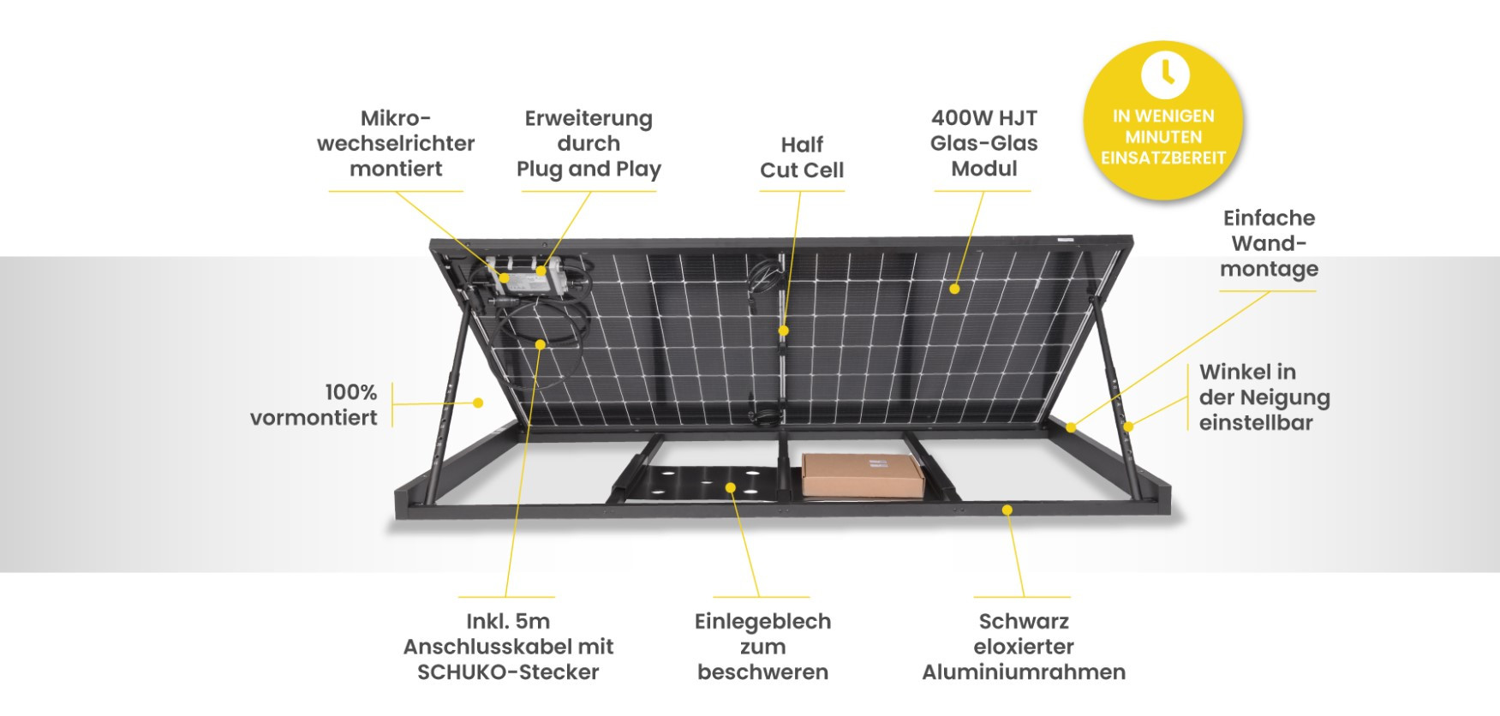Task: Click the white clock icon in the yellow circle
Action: pyautogui.click(x=1164, y=74)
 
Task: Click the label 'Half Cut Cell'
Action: pyautogui.click(x=802, y=158)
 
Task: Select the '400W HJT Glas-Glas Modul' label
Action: pyautogui.click(x=984, y=143)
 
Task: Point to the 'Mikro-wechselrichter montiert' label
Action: pyautogui.click(x=396, y=143)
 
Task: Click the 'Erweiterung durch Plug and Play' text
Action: pyautogui.click(x=589, y=144)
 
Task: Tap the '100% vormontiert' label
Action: pyautogui.click(x=314, y=405)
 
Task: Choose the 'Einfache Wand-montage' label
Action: pyautogui.click(x=1269, y=243)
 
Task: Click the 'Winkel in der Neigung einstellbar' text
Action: pyautogui.click(x=1264, y=397)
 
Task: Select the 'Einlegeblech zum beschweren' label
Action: pyautogui.click(x=762, y=647)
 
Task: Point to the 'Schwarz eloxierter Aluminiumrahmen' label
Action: pyautogui.click(x=1024, y=647)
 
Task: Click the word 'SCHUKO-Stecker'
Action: pyautogui.click(x=508, y=672)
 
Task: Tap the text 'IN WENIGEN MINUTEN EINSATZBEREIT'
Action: pyautogui.click(x=1163, y=137)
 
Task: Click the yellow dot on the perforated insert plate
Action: pyautogui.click(x=731, y=487)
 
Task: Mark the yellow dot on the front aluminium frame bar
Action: pyautogui.click(x=1007, y=510)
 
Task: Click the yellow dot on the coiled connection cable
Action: pyautogui.click(x=541, y=344)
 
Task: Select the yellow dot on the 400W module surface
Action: pyautogui.click(x=954, y=289)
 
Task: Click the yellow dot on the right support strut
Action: pyautogui.click(x=1128, y=427)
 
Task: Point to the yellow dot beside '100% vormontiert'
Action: pyautogui.click(x=478, y=403)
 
